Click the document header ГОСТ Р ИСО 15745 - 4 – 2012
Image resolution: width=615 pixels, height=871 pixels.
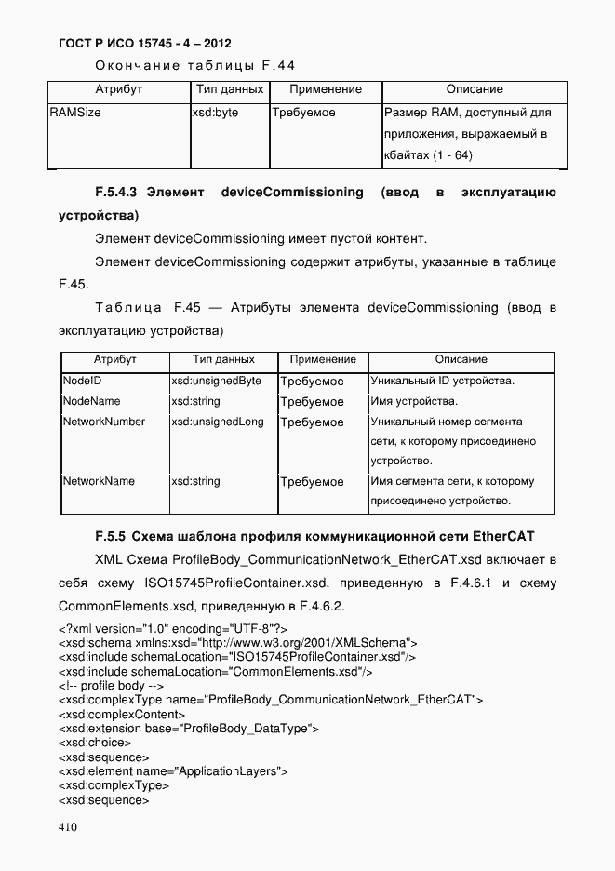pos(144,44)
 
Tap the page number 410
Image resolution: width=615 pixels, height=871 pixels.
pos(68,827)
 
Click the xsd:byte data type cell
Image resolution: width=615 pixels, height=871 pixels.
pos(215,113)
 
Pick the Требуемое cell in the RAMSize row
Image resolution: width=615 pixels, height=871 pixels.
pos(304,113)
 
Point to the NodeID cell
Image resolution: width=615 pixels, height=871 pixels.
pos(82,382)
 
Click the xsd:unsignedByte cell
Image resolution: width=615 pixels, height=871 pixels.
pos(216,382)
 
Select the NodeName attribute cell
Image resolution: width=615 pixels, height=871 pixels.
pos(91,402)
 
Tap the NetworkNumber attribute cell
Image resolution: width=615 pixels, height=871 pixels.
pos(103,422)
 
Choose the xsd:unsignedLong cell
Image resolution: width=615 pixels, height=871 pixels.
pos(218,422)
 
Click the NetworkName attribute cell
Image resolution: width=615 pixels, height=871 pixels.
pos(99,481)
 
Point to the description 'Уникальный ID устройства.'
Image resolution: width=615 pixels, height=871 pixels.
pos(443,382)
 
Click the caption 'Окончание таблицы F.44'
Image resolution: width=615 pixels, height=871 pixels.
pos(194,64)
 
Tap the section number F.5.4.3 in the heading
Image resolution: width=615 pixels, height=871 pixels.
pos(116,193)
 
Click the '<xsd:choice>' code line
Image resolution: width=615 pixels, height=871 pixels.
pos(94,743)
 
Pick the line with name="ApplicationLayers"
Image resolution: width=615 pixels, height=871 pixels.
pos(172,771)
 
